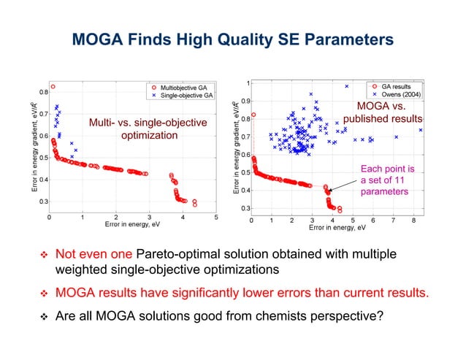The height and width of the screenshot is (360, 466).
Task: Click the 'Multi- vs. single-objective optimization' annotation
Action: [x=148, y=129]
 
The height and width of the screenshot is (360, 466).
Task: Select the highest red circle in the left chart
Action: [x=53, y=87]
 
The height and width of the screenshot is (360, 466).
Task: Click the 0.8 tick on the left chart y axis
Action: [x=43, y=92]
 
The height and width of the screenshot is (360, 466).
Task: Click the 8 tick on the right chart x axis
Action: [x=413, y=219]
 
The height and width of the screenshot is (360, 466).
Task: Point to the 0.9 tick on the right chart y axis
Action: [x=246, y=101]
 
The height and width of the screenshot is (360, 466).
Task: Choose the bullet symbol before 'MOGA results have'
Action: [x=42, y=294]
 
